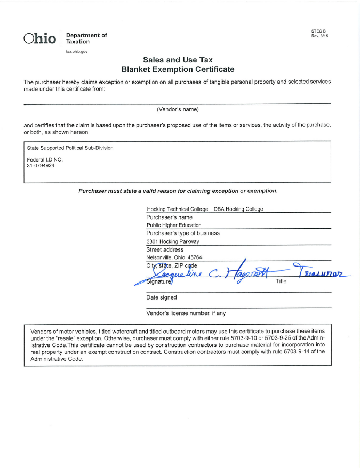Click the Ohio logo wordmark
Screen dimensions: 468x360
[39, 38]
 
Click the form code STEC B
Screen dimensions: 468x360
[318, 31]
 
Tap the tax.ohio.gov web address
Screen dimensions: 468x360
[76, 51]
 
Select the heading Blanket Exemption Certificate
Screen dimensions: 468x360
[178, 69]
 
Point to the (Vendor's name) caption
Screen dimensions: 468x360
[178, 109]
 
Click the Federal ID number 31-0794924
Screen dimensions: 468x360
[41, 165]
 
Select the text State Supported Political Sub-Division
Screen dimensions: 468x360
[70, 148]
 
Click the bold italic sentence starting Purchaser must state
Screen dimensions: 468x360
[178, 191]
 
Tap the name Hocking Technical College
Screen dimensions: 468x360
[177, 209]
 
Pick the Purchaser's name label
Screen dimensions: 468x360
[169, 217]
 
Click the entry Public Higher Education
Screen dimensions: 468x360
[174, 225]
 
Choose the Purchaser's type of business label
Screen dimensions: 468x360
[182, 233]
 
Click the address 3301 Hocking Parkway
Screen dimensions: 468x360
[172, 241]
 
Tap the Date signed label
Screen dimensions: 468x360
[161, 297]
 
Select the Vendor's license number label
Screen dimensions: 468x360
[186, 313]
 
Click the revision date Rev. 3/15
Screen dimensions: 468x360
[319, 36]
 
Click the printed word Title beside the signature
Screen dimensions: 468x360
[281, 281]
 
